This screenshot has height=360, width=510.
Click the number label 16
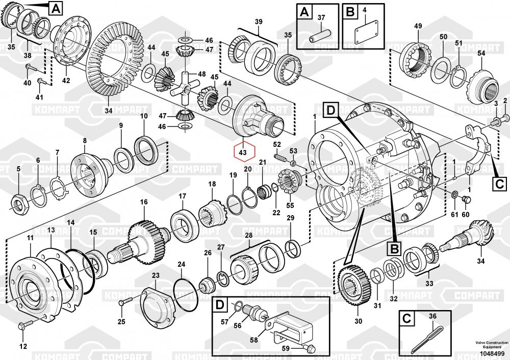point(144,202)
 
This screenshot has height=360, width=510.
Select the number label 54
point(481,54)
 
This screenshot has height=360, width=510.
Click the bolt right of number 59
point(308,348)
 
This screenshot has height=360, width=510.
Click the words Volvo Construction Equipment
point(489,345)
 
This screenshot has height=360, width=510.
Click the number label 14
point(70,223)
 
